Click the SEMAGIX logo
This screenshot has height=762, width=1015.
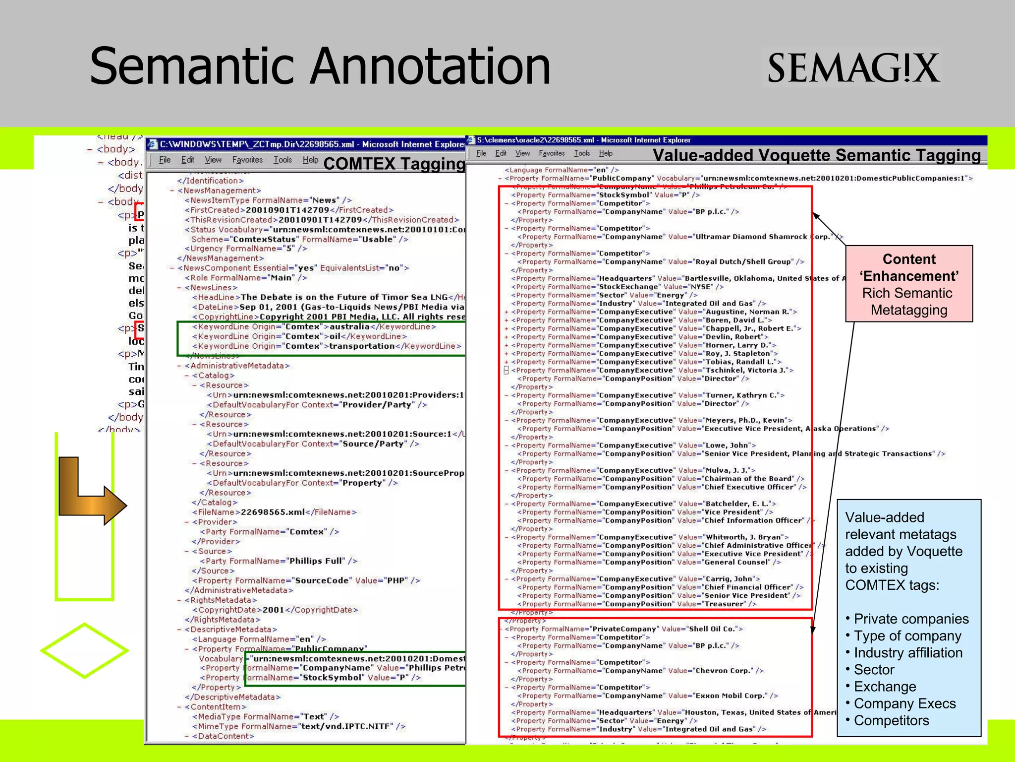pos(852,68)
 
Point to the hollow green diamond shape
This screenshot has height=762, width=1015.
pos(85,650)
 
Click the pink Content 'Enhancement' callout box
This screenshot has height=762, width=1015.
pos(909,284)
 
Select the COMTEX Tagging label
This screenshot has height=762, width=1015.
pos(394,164)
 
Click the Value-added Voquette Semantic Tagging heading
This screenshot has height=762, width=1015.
pos(816,155)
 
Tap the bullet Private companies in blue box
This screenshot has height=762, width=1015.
pos(911,619)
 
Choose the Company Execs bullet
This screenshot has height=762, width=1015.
pos(904,703)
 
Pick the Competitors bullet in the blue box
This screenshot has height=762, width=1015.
pos(891,720)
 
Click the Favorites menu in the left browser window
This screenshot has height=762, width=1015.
pos(247,160)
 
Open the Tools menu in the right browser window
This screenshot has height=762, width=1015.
pos(582,153)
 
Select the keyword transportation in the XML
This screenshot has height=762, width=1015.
pos(362,346)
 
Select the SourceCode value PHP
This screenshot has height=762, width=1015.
pos(397,580)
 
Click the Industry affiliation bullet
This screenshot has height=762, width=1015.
pos(908,653)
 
